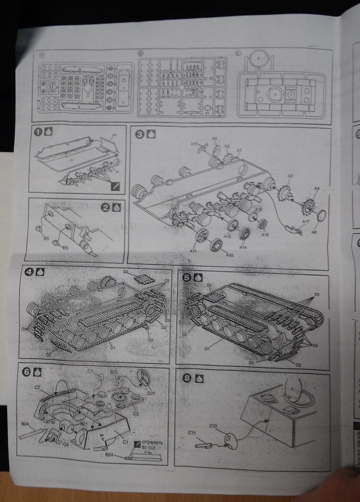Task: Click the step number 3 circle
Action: point(140,133)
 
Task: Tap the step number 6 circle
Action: point(26,372)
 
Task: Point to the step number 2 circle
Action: point(105,207)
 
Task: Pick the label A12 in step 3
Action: point(230,254)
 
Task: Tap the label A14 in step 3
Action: point(243,248)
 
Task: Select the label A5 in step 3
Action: point(290,176)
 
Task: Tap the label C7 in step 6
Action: point(90,372)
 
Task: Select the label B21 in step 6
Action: point(83,424)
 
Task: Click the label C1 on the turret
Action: point(125,441)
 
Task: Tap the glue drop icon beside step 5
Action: point(198,277)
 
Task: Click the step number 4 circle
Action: point(29,271)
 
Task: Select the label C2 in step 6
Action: point(37,387)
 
